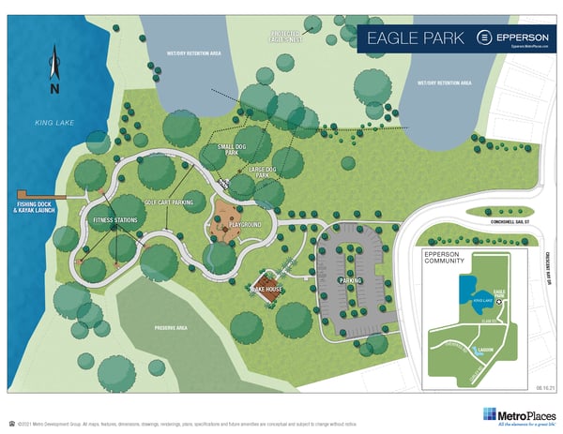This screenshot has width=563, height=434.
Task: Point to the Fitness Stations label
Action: [x=114, y=220]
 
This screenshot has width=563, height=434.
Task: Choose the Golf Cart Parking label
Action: [x=169, y=202]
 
